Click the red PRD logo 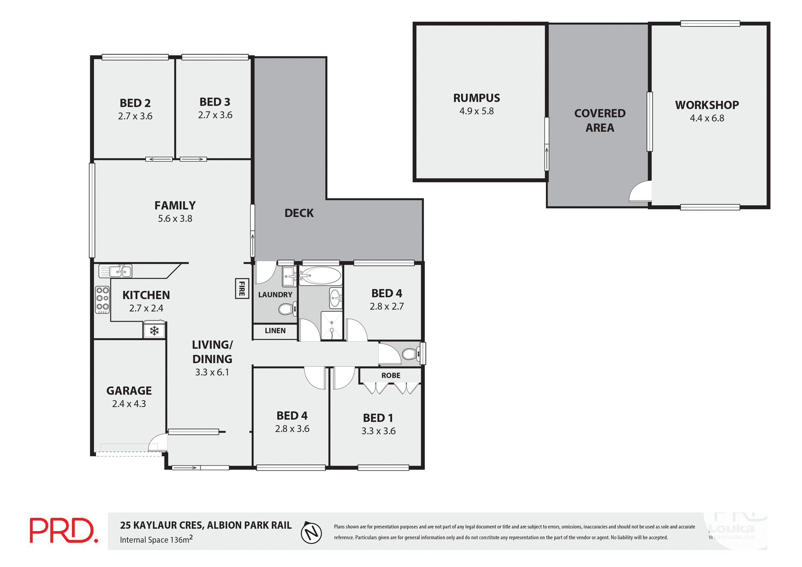(x=63, y=530)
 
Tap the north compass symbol (x=311, y=533)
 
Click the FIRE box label (x=242, y=288)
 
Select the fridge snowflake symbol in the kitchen (x=154, y=331)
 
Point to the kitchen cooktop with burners (x=102, y=300)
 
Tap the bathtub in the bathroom (x=321, y=276)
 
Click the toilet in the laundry (x=287, y=309)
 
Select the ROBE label (x=391, y=375)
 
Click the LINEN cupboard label (x=275, y=331)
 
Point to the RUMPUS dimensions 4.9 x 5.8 (x=476, y=111)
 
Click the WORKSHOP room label (x=707, y=105)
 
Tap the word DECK (x=299, y=213)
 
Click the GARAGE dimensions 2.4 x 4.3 (x=129, y=404)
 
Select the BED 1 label (x=378, y=418)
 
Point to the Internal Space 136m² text (x=156, y=539)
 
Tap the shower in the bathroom (x=332, y=325)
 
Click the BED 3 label (x=215, y=102)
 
